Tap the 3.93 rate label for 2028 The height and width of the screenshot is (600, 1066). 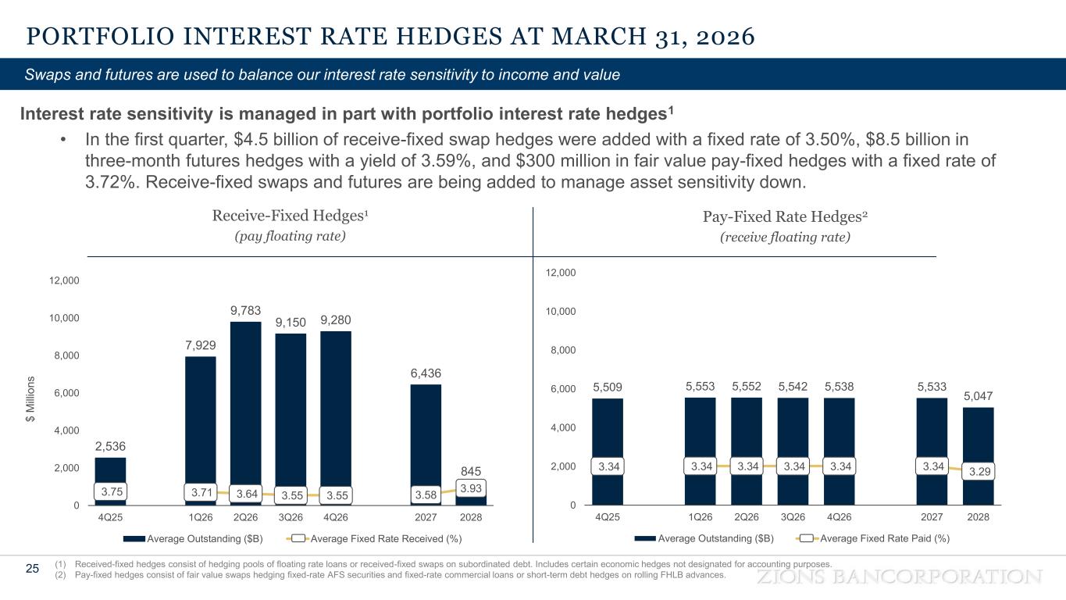click(471, 487)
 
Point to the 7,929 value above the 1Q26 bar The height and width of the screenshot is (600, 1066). click(201, 345)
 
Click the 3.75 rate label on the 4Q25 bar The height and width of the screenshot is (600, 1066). click(110, 492)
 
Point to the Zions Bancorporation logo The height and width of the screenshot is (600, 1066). click(900, 577)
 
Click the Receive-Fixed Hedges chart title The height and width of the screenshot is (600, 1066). click(290, 216)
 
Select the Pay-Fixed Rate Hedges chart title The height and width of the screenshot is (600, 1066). click(784, 216)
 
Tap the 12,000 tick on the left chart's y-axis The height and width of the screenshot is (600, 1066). click(64, 280)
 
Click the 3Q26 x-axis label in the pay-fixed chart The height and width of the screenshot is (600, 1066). click(793, 516)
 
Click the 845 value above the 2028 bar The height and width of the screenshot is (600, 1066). click(470, 470)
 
